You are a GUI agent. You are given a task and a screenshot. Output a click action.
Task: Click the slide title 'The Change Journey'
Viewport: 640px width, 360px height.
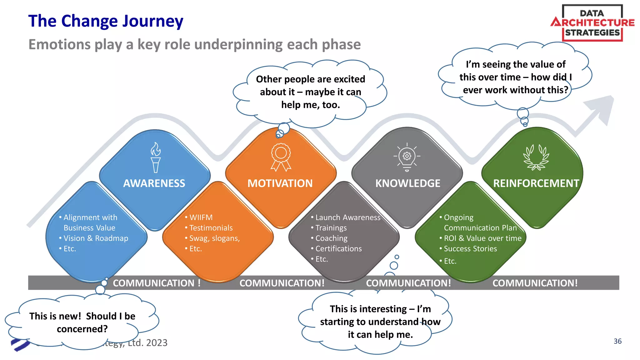106,21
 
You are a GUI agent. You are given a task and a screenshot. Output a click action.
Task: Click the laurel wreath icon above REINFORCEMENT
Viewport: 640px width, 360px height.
536,157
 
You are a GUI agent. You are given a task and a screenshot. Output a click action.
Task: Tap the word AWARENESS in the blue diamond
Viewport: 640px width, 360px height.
154,183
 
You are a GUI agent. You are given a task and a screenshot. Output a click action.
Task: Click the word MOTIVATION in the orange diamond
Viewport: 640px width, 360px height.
280,183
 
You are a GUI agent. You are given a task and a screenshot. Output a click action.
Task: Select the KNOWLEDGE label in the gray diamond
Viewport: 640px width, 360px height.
408,183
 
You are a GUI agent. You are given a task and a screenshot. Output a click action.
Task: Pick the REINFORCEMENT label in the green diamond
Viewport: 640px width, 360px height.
536,183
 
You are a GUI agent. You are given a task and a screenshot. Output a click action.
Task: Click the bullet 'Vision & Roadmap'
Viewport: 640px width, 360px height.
96,238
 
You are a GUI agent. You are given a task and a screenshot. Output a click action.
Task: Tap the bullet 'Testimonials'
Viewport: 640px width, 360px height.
211,228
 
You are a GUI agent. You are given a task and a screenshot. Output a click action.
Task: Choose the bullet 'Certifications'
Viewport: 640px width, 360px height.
338,249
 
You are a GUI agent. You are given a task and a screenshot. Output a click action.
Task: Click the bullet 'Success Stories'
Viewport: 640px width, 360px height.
470,249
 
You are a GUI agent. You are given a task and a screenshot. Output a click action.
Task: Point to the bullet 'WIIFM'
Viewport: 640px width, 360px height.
201,217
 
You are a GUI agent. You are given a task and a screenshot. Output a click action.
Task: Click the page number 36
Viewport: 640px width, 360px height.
617,341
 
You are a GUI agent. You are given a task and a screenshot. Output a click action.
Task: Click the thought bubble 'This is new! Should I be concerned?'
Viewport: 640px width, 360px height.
82,322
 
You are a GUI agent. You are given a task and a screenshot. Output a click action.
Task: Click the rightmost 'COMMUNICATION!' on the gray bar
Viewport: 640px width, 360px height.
535,283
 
